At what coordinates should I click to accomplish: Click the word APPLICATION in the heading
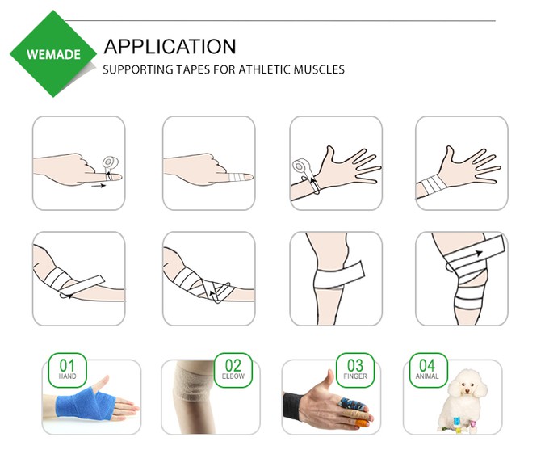170,46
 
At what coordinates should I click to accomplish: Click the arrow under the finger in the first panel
97,185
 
